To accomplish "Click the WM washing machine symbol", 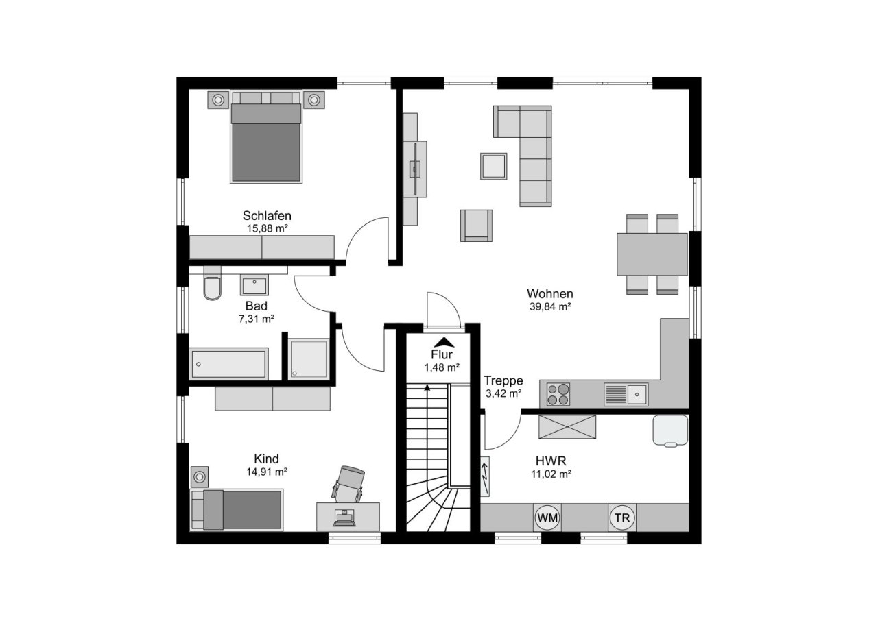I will coord(547,517).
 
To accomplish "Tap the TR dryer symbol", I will coord(622,517).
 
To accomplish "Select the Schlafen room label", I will coord(267,216).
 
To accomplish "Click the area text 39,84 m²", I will coord(550,307).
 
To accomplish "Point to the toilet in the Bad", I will coord(213,288).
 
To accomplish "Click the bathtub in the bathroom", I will coord(228,363).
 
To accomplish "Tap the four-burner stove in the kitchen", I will coord(558,394).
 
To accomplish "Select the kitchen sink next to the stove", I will coord(625,394).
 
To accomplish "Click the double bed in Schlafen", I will coord(266,144).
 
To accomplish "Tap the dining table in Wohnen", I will coord(652,254).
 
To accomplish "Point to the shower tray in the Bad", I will coord(308,358).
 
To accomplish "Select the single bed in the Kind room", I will coord(237,509).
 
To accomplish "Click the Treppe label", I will coord(503,381).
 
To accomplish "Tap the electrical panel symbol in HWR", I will coord(486,476).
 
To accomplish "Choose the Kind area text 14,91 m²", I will coord(266,472).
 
